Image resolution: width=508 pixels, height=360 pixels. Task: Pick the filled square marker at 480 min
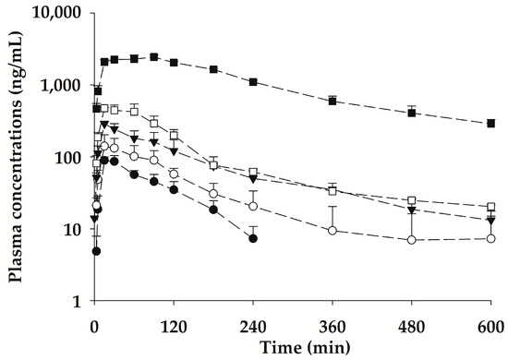(x=412, y=113)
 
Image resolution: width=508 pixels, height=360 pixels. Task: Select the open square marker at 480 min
(x=412, y=200)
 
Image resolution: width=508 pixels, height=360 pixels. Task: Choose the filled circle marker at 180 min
(x=213, y=210)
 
